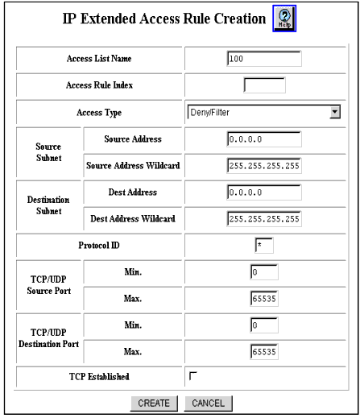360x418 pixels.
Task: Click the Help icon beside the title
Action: [x=284, y=19]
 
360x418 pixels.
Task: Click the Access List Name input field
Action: [x=264, y=59]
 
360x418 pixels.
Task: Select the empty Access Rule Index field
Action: [x=264, y=85]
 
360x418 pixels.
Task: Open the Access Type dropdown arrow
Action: [x=335, y=112]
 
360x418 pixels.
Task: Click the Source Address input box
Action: [x=264, y=139]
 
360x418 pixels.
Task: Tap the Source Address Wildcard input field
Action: [x=264, y=166]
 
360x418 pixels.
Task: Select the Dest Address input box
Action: [x=264, y=192]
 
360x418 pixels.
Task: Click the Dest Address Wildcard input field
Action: [x=264, y=219]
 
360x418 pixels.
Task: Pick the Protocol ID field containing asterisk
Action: [x=264, y=246]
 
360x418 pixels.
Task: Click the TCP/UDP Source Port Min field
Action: [x=264, y=272]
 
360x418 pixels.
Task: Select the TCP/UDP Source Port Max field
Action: [x=264, y=299]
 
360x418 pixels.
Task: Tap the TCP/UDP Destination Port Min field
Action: [x=264, y=325]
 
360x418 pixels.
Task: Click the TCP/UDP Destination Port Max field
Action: [x=264, y=352]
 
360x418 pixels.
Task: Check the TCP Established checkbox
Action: [x=193, y=376]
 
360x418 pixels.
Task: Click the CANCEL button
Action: [x=208, y=404]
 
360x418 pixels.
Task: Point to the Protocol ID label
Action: [x=99, y=245]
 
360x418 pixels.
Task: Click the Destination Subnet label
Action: [x=48, y=205]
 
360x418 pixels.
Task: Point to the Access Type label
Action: [x=99, y=113]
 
